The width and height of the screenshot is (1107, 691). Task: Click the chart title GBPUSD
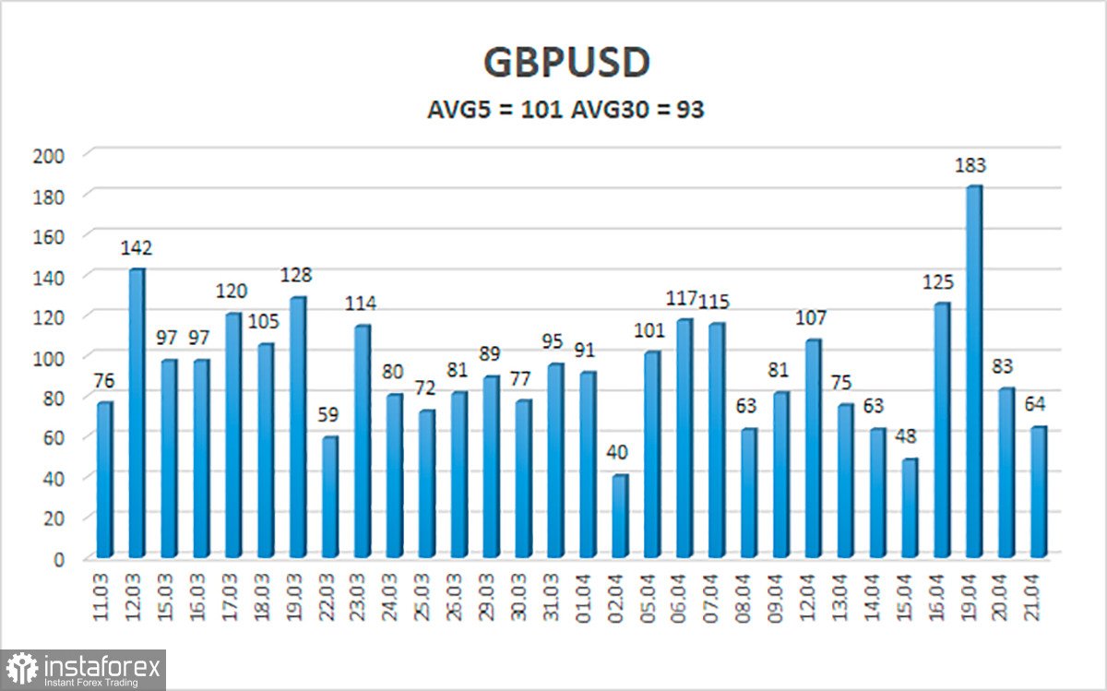566,64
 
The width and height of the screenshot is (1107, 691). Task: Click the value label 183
970,166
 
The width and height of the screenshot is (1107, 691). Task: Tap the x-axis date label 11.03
104,599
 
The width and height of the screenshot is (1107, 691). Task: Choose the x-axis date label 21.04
1038,599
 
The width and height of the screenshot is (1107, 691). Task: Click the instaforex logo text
101,665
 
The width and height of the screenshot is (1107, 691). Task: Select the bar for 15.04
910,508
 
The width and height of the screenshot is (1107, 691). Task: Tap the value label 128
296,276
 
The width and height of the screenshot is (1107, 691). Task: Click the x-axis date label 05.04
651,599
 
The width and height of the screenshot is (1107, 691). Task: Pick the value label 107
812,318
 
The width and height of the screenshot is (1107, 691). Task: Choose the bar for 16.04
941,430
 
